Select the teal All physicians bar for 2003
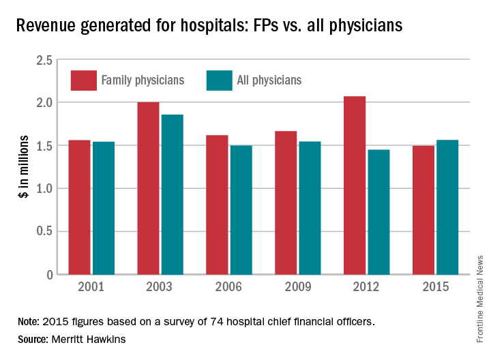[x=173, y=194]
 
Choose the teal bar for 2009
[x=310, y=208]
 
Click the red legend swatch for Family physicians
[x=83, y=80]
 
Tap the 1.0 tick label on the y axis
[x=44, y=189]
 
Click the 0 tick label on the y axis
[x=49, y=275]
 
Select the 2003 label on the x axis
[x=160, y=287]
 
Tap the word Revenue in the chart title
[x=45, y=26]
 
